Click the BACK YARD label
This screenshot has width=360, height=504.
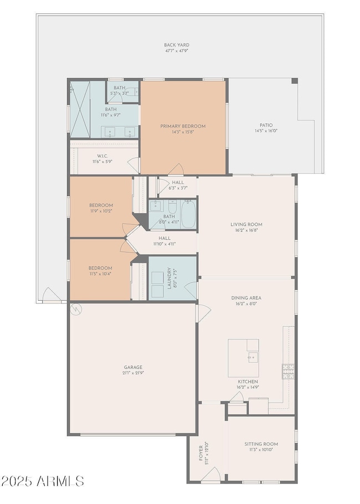[177, 45]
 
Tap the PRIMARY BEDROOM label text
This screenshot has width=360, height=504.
[183, 126]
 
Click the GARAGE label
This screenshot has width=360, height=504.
[133, 367]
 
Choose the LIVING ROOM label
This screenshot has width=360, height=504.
[246, 224]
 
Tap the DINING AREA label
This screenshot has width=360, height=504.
[246, 298]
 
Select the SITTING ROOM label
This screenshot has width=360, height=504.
[261, 444]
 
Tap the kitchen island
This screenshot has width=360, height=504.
[243, 358]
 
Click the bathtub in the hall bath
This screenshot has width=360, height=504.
[188, 214]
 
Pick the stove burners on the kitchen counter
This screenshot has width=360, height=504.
[288, 371]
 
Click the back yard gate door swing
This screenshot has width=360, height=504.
[52, 295]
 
